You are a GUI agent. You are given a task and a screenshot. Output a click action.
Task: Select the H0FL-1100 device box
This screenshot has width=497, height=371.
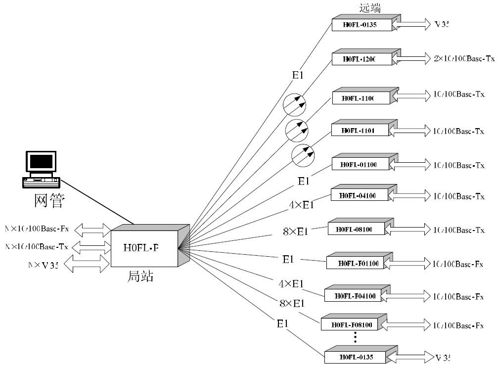tap(361, 98)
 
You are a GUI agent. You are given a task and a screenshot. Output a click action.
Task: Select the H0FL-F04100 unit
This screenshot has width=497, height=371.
tap(355, 296)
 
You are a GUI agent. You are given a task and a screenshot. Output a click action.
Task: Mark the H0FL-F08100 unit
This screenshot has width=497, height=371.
tap(352, 325)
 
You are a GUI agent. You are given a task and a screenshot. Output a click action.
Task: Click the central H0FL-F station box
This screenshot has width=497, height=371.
tap(144, 248)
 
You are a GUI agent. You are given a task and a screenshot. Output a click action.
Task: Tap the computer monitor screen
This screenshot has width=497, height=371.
tap(41, 161)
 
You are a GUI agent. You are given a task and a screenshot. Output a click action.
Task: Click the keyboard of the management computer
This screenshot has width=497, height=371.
tap(42, 181)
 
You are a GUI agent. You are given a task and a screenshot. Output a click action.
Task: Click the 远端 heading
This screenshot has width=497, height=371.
tap(370, 8)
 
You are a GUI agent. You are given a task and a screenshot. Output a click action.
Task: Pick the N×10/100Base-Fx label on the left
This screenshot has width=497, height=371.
tap(37, 229)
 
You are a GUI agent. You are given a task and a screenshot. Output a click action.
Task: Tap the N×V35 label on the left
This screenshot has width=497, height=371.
tap(44, 265)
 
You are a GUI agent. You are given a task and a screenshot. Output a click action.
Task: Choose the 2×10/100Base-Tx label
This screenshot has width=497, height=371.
tap(464, 58)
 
